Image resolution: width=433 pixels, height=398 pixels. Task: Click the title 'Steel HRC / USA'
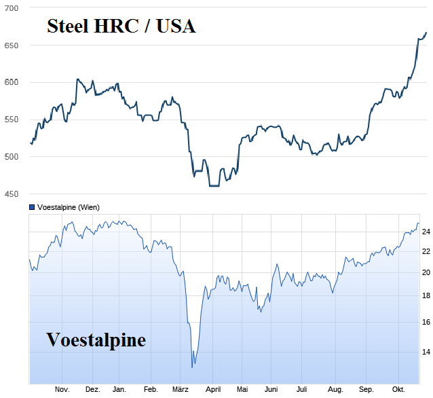tap(121, 26)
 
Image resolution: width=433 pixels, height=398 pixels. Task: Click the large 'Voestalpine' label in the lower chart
tap(96, 339)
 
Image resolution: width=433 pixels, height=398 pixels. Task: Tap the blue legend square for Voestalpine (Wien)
tap(32, 206)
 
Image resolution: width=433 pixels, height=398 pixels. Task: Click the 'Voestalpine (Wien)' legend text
tap(68, 206)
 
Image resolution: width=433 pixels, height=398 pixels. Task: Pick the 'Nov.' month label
tap(62, 389)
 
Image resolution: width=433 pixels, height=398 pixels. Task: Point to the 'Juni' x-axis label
tap(271, 389)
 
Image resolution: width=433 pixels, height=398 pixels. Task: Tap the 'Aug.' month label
tap(335, 389)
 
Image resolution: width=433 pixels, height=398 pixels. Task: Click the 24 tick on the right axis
tap(426, 232)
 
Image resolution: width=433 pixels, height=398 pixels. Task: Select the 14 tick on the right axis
tap(426, 352)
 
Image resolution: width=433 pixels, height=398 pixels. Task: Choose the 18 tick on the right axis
tap(426, 295)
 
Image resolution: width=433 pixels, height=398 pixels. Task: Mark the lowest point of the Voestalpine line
tap(193, 367)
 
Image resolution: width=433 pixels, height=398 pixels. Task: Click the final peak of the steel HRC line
tap(426, 33)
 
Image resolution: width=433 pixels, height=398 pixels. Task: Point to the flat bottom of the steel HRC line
tap(214, 185)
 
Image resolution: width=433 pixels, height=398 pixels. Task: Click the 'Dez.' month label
tap(93, 389)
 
